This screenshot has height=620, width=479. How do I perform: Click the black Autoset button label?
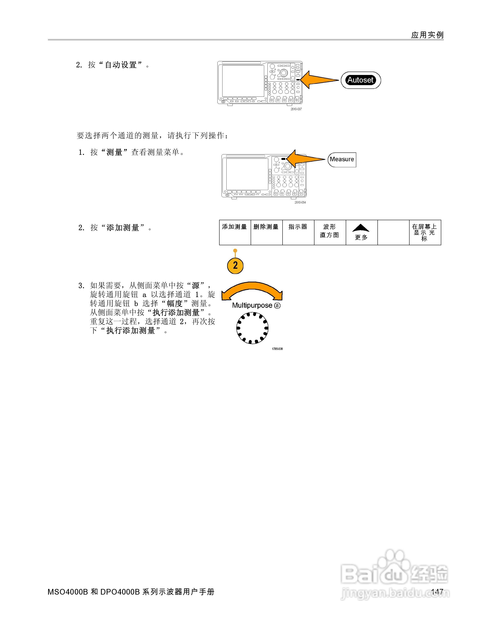360,80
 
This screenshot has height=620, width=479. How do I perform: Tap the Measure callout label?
342,159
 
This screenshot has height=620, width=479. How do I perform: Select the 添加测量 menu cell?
235,232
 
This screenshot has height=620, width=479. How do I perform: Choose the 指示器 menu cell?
298,232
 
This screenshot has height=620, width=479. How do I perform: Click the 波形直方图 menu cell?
330,232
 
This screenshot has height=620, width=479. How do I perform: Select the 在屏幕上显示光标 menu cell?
425,232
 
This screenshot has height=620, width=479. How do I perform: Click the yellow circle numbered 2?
235,265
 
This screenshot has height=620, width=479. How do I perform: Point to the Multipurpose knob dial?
252,328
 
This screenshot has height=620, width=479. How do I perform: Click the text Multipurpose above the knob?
252,305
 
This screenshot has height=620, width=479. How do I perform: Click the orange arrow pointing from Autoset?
318,80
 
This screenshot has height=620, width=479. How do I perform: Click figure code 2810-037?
296,109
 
